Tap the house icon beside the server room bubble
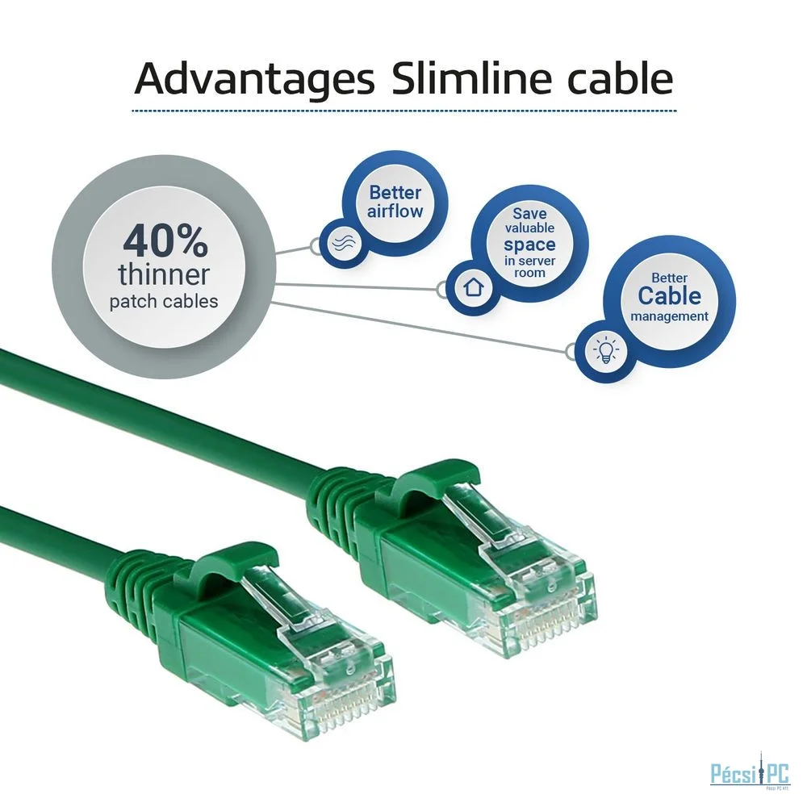(x=473, y=286)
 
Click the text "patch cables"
(x=164, y=300)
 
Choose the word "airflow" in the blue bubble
(x=395, y=211)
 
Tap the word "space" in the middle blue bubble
(x=529, y=245)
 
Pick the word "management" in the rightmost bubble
(x=669, y=316)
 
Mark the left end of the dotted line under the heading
(x=132, y=110)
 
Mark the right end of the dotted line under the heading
(x=676, y=110)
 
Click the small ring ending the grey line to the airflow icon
(x=316, y=246)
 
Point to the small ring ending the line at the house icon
(x=441, y=289)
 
